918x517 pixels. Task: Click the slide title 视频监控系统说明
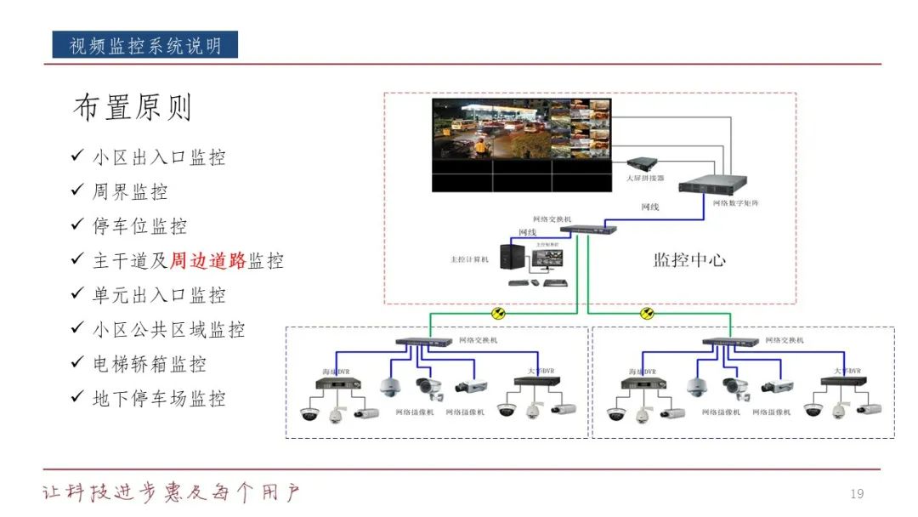(144, 45)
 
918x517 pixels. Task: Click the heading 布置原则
(133, 108)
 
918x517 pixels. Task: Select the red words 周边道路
(208, 261)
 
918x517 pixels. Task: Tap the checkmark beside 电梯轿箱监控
(77, 363)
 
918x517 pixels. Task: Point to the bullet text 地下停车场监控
(159, 398)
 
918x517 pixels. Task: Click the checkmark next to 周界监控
(77, 191)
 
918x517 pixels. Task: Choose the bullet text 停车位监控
(139, 226)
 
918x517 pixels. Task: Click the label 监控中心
(689, 260)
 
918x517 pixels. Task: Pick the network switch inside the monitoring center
(582, 228)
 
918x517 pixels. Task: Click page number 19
(857, 494)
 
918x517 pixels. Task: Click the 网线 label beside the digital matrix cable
(649, 207)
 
